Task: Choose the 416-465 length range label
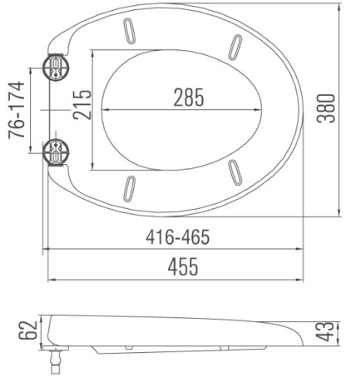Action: coord(177,237)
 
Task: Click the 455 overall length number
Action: coord(179,267)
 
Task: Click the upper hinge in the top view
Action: coord(57,67)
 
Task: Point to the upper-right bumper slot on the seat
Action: coord(234,47)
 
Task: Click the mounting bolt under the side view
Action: coord(56,358)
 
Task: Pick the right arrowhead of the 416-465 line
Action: coord(300,249)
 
